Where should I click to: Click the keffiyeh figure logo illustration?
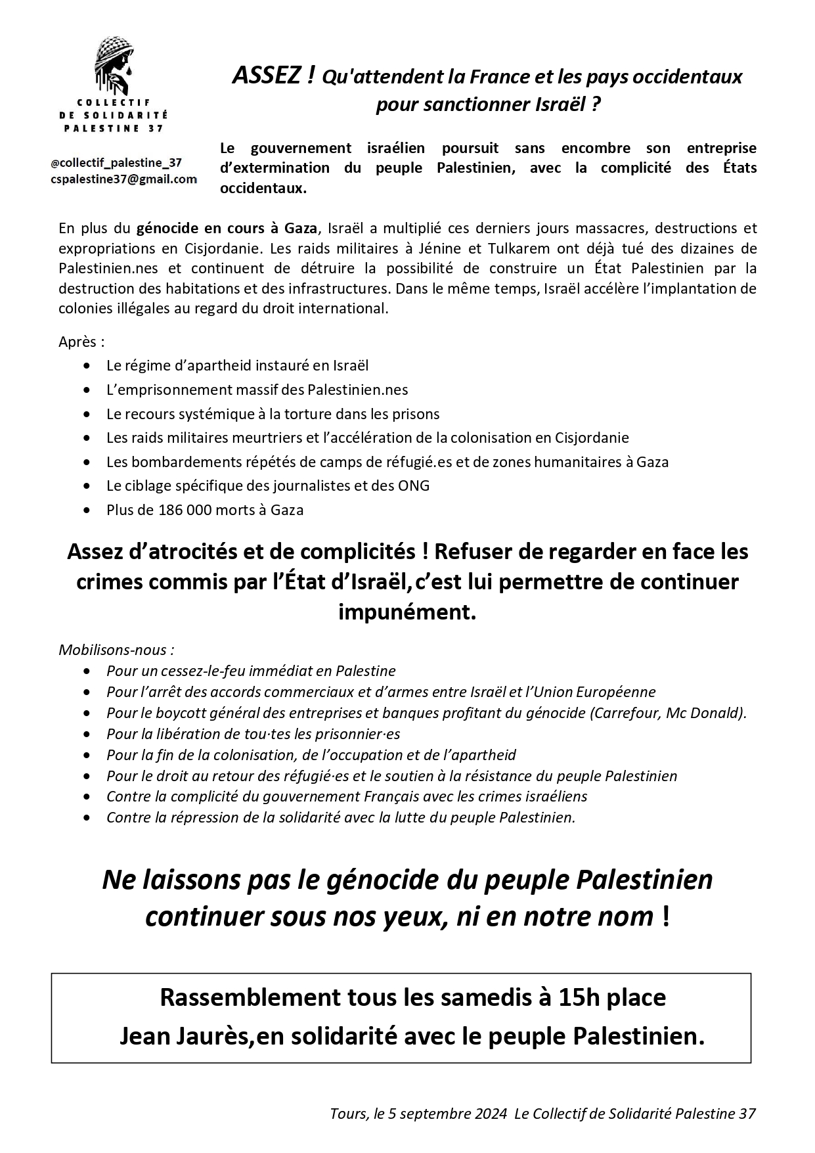tap(115, 66)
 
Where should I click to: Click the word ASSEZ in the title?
tap(267, 77)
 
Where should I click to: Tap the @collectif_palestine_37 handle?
tap(116, 163)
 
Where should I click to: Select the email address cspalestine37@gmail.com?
tap(123, 179)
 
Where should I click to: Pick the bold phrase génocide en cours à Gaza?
tap(227, 229)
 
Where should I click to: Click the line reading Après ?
tap(81, 342)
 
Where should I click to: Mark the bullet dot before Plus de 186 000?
tap(87, 510)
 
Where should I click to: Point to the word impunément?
tap(407, 612)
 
